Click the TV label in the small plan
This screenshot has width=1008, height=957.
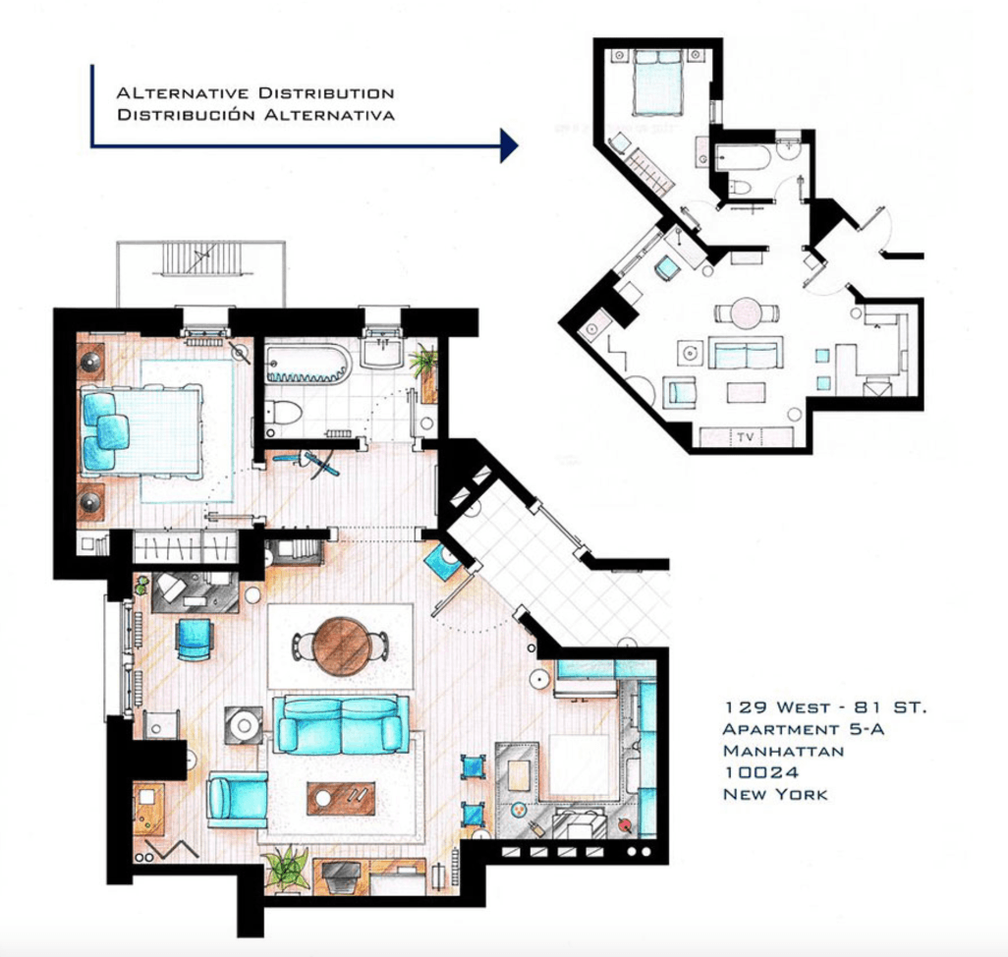pos(745,437)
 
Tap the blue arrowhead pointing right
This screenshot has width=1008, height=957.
pos(509,145)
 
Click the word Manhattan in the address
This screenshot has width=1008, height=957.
pos(783,751)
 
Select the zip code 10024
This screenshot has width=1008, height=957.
pos(761,772)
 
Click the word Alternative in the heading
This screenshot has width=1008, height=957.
pos(183,93)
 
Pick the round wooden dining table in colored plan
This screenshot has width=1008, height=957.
pos(341,647)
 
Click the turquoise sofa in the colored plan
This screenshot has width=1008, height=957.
pos(341,725)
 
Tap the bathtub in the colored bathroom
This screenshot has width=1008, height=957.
pos(308,365)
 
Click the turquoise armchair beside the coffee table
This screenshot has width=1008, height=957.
pos(237,799)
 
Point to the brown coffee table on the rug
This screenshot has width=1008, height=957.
pos(341,798)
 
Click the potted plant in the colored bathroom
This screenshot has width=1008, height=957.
pos(424,362)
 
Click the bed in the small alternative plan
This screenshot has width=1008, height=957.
pos(657,83)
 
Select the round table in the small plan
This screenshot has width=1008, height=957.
pos(747,313)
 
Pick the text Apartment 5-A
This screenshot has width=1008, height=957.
pos(803,729)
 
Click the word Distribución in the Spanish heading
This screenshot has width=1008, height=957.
pos(187,115)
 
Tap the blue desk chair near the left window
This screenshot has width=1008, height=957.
pos(194,639)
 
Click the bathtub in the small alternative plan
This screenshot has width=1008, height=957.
pos(743,157)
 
